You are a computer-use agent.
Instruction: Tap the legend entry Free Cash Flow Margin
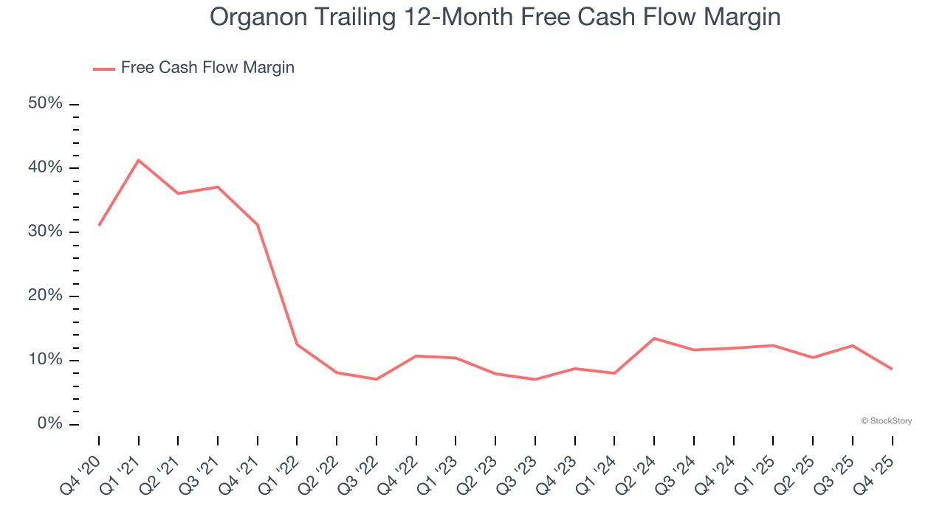(207, 68)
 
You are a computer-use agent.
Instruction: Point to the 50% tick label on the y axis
(45, 103)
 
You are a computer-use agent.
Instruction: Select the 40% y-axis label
(45, 167)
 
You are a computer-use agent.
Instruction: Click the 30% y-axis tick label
(45, 232)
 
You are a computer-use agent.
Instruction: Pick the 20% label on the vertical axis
(45, 296)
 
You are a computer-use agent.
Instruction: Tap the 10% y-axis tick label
(45, 360)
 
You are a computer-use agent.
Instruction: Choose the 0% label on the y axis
(49, 424)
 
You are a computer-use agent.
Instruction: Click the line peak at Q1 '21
(139, 160)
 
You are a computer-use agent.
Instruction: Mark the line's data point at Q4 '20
(99, 225)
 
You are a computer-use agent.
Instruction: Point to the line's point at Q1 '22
(297, 344)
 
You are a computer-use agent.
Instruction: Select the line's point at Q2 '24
(654, 338)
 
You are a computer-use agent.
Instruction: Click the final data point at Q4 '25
(892, 369)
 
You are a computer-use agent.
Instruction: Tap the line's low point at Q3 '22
(377, 379)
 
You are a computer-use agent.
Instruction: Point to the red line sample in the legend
(103, 69)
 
